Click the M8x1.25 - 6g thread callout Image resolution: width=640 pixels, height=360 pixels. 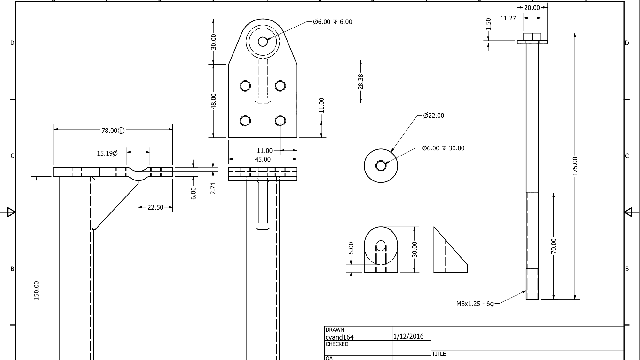pos(475,304)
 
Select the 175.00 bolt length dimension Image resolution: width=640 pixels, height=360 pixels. pos(575,166)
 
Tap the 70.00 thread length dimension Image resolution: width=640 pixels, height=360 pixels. pos(554,246)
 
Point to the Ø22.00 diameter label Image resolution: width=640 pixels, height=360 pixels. pos(433,116)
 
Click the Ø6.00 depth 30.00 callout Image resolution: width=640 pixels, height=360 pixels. pos(443,148)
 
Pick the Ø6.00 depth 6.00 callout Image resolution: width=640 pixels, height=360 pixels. pos(332,22)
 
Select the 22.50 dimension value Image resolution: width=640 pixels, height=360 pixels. pos(155,207)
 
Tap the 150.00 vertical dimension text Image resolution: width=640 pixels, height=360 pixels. pos(36,291)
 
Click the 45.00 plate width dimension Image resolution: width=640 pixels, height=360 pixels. pos(263,159)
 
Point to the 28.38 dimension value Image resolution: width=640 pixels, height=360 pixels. pos(360,82)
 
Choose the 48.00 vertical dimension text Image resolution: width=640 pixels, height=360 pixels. pos(214,101)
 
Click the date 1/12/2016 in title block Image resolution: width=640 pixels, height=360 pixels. pos(408,336)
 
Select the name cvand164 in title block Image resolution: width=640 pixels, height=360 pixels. pos(339,337)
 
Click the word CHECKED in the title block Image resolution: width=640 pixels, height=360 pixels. pos(337,344)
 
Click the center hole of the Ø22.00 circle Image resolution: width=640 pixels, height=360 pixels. pos(381,166)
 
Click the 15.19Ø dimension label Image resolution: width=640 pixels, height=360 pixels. pos(107,153)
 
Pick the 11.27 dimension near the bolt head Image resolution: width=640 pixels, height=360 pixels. pos(508,18)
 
